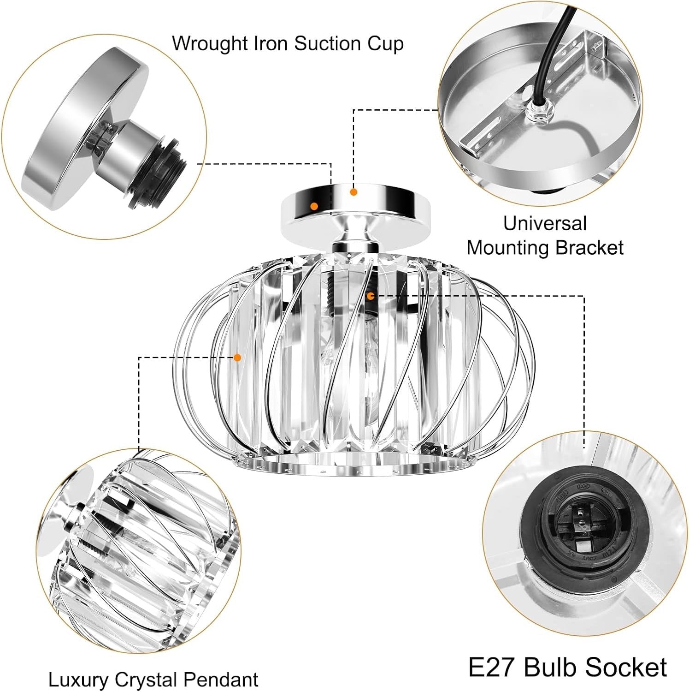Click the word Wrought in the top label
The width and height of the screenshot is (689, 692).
coord(211,44)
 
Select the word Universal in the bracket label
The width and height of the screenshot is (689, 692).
coord(544,224)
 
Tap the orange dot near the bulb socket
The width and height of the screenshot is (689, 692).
coord(370,295)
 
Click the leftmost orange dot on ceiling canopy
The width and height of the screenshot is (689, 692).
coord(314,206)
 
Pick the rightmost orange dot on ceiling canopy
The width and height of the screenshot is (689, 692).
coord(353,191)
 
